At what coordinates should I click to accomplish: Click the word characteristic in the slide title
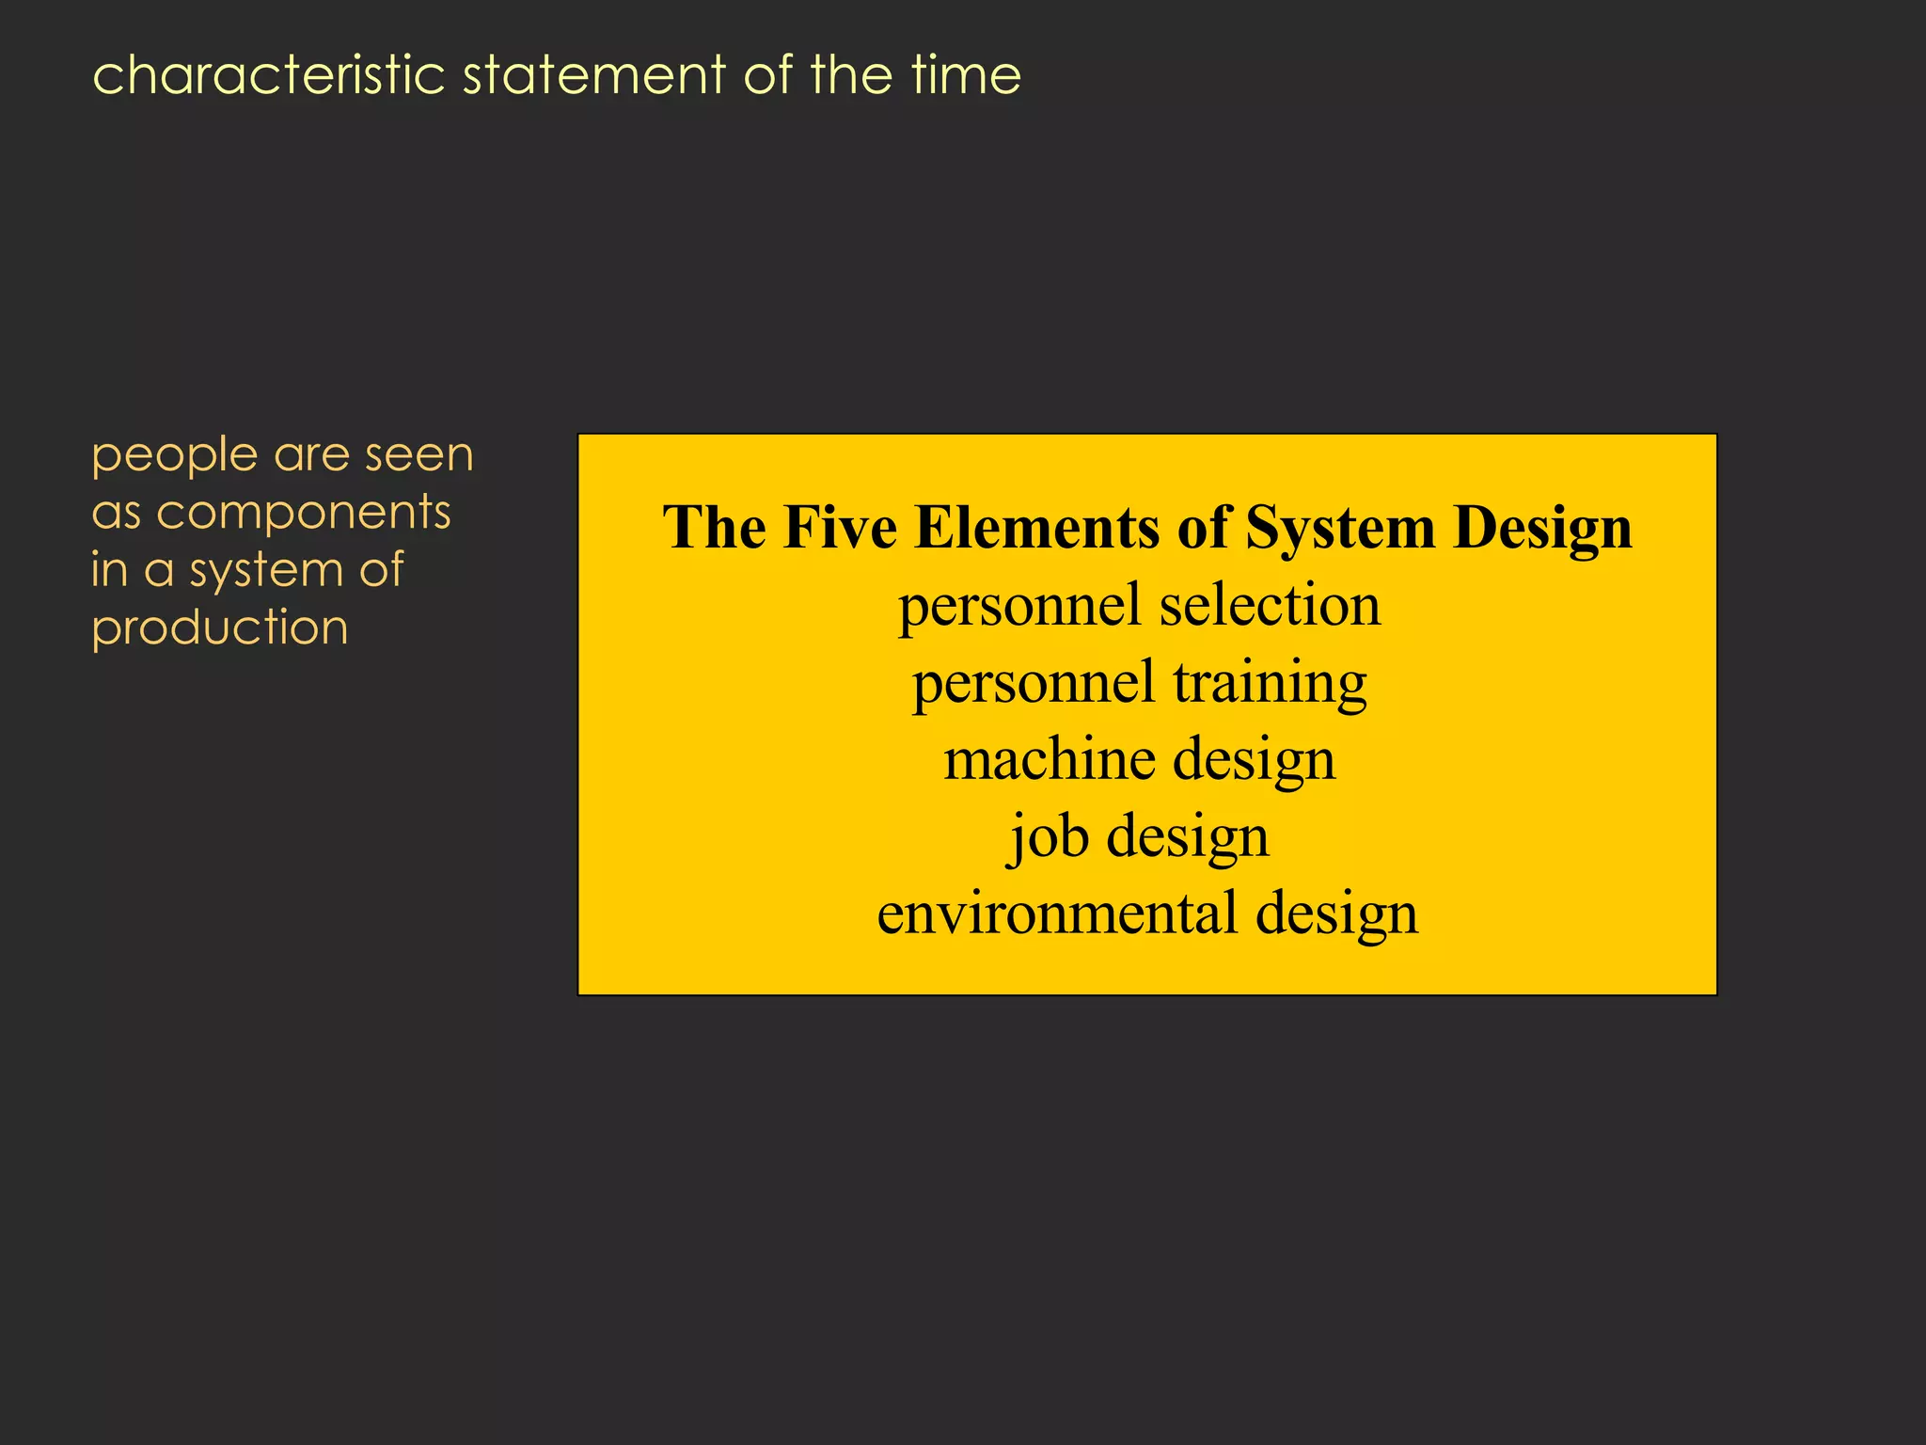(268, 75)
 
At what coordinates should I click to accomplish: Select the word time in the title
(966, 75)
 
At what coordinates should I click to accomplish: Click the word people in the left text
(175, 457)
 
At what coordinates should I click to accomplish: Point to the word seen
(419, 455)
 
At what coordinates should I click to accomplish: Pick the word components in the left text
(304, 515)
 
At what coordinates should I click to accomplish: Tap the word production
(220, 628)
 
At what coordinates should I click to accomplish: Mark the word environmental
(1057, 913)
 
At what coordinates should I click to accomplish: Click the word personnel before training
(1033, 684)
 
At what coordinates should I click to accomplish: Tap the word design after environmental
(1336, 915)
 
